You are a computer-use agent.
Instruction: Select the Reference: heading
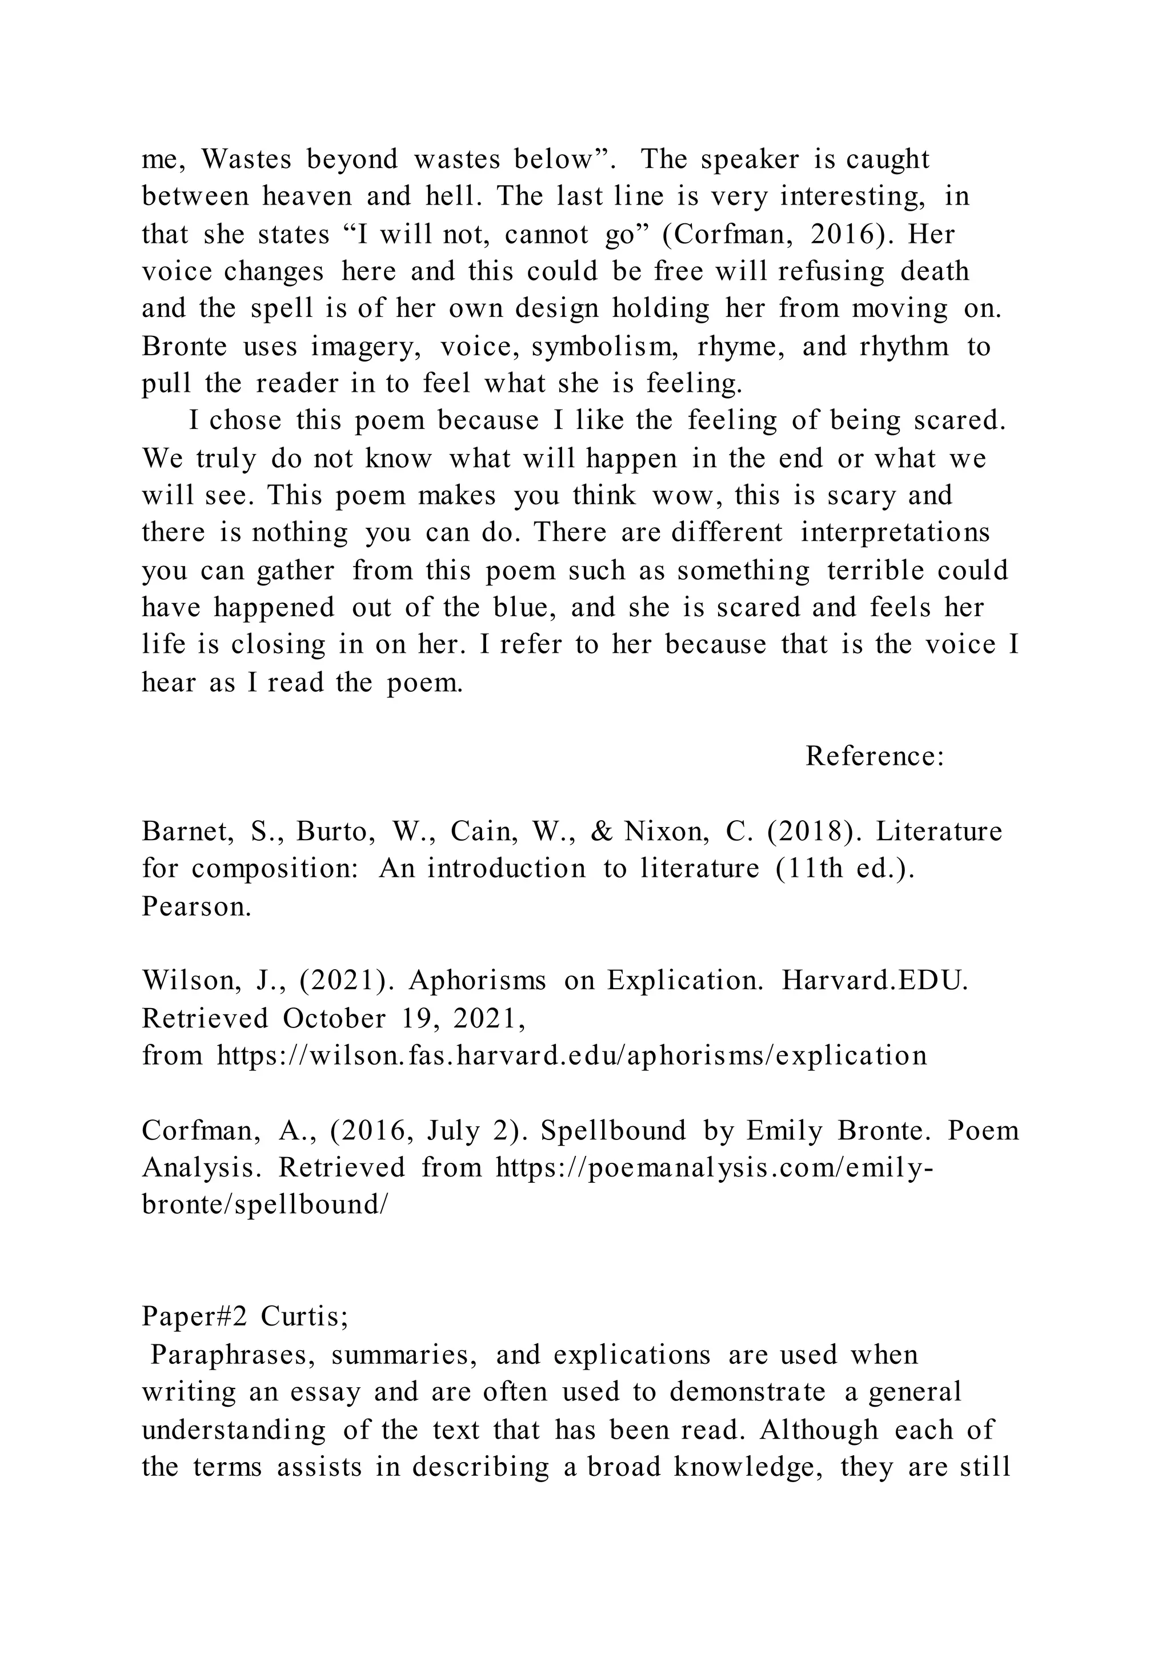(875, 756)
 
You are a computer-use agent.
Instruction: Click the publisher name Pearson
(196, 906)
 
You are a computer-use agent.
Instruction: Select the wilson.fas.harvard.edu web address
(572, 1055)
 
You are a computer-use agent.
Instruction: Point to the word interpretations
(896, 533)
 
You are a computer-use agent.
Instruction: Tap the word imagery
(366, 347)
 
